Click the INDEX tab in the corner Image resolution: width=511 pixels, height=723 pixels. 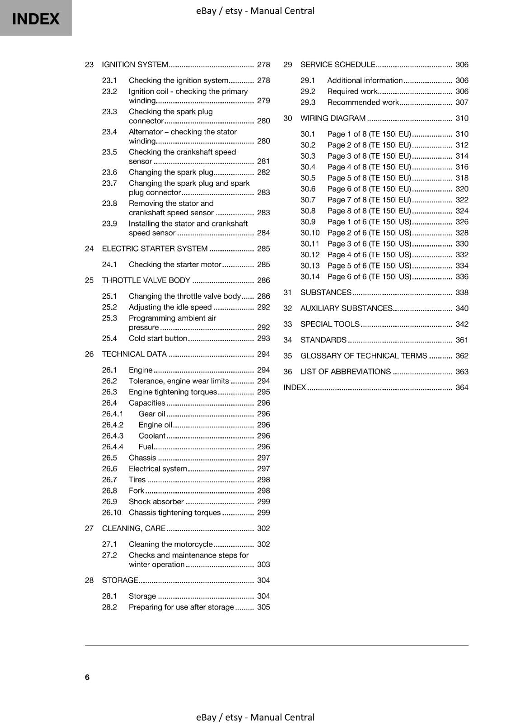pos(36,19)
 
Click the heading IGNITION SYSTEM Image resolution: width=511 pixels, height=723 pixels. pos(135,65)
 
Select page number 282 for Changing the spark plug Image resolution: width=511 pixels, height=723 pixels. pos(263,172)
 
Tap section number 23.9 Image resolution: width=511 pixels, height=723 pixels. pos(109,224)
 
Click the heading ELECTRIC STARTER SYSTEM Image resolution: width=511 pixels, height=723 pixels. pos(155,249)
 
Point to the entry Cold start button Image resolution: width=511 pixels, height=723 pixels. pos(158,338)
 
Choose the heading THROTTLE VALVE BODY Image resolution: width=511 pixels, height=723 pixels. pos(146,280)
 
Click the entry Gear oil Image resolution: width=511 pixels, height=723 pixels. pos(152,414)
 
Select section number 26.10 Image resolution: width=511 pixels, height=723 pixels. pos(111,512)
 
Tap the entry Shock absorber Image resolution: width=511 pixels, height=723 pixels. pos(156,502)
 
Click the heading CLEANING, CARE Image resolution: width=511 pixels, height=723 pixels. pos(133,528)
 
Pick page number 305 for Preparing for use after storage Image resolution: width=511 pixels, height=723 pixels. pos(263,607)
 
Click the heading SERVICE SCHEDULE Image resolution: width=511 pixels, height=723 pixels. pos(338,65)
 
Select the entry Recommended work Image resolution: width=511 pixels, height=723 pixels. pos(363,103)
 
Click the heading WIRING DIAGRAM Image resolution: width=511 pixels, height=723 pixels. pos(333,118)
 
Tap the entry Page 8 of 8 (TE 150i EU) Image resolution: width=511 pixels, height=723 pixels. pos(369,211)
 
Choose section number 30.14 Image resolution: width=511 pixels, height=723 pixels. pos(310,277)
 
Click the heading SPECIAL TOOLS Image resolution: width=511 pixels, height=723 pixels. pos(330,324)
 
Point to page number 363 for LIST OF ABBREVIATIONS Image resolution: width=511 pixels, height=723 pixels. pos(462,371)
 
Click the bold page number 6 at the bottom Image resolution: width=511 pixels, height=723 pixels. pos(87,677)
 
